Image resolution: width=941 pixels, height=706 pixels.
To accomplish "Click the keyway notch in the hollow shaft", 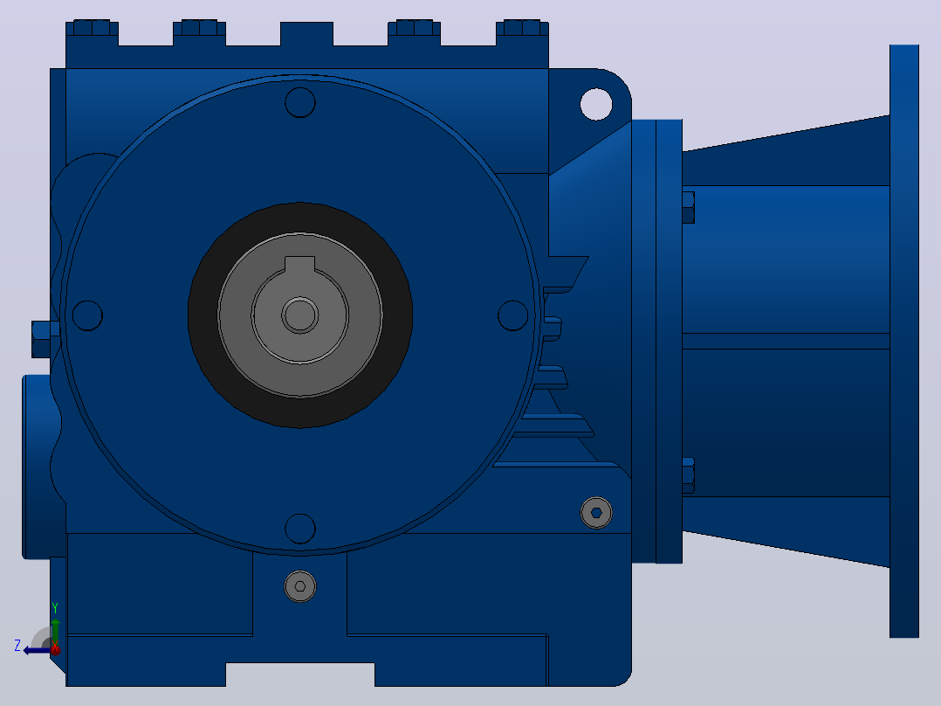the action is coord(299,264).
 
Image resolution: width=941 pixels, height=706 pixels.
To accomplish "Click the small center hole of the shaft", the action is coord(300,315).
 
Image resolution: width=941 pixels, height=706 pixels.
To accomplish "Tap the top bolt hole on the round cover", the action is coord(300,102).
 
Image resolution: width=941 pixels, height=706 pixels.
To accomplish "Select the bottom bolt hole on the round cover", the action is coord(300,529).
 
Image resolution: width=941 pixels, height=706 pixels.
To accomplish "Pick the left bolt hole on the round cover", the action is coord(87,315).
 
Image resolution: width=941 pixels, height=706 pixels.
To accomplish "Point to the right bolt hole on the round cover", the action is coord(513,315).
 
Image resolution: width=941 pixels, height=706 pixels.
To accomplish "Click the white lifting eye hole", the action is coord(596,104).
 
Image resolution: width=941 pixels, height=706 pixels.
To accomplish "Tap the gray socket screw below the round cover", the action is coord(300,586).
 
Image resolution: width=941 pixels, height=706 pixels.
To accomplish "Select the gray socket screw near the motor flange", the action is coord(596,513).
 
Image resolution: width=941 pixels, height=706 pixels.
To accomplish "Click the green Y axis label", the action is coord(55,608).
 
